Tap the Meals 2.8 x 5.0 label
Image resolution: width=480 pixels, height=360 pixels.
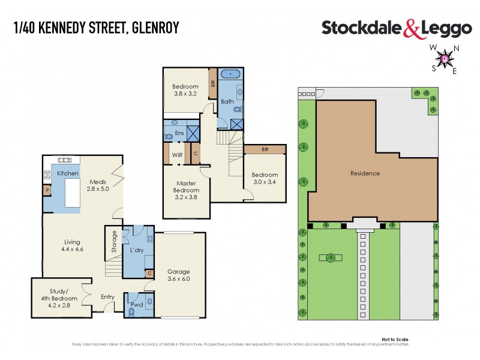tap(98, 185)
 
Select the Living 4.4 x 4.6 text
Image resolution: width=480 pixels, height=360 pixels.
tap(73, 246)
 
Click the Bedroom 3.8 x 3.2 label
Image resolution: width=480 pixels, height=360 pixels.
tap(185, 90)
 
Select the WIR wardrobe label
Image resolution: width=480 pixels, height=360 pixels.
tap(177, 154)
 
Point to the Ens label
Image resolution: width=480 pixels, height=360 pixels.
tap(179, 133)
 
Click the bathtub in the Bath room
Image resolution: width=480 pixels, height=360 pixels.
tap(230, 74)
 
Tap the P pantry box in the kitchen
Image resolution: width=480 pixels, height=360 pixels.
tap(47, 191)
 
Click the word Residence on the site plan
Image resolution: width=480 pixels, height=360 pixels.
tap(365, 173)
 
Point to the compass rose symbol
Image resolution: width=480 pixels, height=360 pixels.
tap(444, 59)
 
